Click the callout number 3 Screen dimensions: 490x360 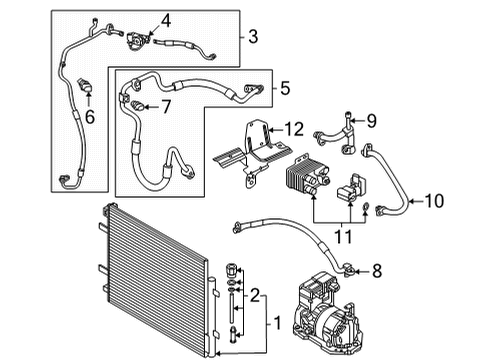[253, 36]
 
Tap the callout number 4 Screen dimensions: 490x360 [166, 21]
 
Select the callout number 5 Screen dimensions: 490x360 [285, 88]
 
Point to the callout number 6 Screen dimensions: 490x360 [90, 117]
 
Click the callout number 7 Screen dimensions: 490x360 [166, 107]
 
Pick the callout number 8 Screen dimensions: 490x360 [377, 271]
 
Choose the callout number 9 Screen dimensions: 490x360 [372, 121]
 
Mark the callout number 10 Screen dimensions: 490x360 [434, 201]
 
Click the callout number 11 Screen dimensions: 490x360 [343, 237]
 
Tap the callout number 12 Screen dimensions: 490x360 [294, 129]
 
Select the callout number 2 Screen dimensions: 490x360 [255, 295]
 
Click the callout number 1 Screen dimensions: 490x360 [277, 323]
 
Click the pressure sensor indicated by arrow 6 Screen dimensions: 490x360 [85, 85]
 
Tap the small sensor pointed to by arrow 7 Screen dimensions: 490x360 [137, 105]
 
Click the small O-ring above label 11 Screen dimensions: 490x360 [365, 207]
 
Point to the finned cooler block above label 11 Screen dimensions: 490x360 [307, 177]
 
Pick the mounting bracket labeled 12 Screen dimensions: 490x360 [253, 153]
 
